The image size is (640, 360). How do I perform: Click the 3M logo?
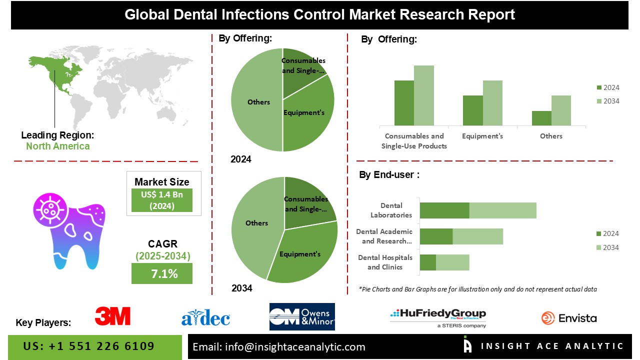tap(112, 316)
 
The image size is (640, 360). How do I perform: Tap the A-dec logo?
tap(205, 317)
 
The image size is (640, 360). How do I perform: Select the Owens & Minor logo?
tap(302, 317)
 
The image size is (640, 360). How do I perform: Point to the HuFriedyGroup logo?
tap(437, 317)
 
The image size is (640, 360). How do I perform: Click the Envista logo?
tap(569, 318)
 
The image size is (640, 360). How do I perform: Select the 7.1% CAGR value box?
tap(162, 273)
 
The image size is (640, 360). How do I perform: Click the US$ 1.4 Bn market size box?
tap(162, 200)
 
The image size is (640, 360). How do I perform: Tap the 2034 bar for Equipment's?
tap(492, 103)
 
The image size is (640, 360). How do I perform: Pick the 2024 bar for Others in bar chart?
tap(541, 118)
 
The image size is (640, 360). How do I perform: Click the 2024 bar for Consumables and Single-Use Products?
tap(404, 103)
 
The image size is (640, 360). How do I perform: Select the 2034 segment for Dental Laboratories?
tap(502, 210)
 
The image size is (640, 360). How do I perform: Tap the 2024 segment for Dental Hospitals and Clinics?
tap(427, 262)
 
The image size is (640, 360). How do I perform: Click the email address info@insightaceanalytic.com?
tap(279, 347)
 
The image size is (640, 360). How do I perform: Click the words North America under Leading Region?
tap(58, 146)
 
